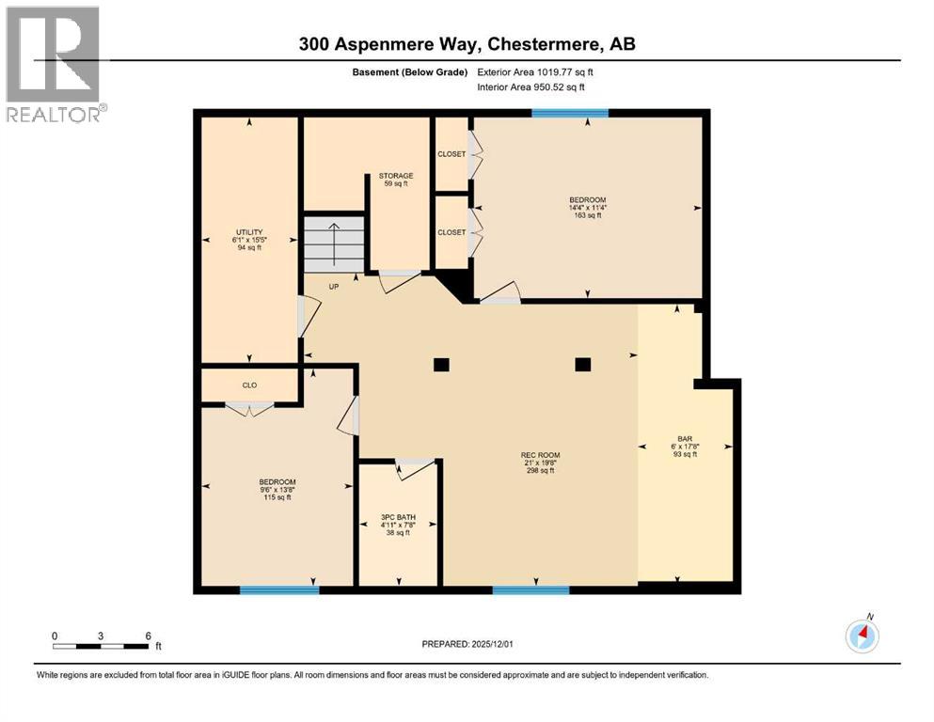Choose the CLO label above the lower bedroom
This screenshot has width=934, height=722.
[249, 385]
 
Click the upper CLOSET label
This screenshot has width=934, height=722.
[451, 154]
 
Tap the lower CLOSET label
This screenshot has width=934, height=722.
[451, 232]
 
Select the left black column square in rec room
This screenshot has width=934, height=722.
[440, 365]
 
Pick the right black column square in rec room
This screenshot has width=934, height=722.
[583, 365]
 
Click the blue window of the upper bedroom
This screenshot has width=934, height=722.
[569, 114]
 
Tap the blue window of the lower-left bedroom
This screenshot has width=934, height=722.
[278, 590]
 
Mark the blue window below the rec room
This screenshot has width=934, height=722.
[530, 590]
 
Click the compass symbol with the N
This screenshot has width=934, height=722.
[863, 636]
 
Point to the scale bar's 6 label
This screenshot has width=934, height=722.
[148, 636]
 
